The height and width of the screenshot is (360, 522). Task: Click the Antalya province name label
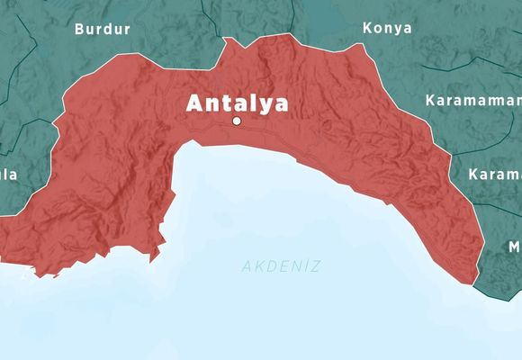tap(238, 103)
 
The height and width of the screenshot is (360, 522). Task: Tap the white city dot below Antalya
tap(237, 121)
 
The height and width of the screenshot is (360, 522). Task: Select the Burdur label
tap(102, 29)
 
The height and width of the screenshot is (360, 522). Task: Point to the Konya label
tap(387, 28)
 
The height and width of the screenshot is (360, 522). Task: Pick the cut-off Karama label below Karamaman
tap(495, 174)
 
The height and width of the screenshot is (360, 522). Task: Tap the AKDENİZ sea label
tap(281, 266)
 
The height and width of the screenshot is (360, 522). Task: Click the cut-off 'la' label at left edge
tap(9, 174)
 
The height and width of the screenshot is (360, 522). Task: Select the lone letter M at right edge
tap(514, 247)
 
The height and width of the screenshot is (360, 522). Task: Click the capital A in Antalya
tap(194, 103)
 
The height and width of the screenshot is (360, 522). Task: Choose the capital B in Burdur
tap(79, 29)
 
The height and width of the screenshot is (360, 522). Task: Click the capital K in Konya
tap(367, 28)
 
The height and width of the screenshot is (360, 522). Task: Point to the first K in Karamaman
tap(431, 99)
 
